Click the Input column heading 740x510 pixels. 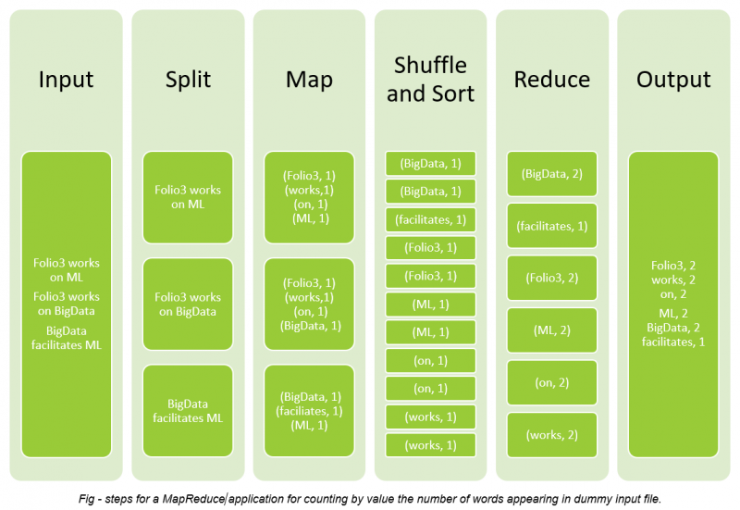pyautogui.click(x=67, y=80)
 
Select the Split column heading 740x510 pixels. pyautogui.click(x=188, y=80)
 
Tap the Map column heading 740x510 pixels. pyautogui.click(x=309, y=80)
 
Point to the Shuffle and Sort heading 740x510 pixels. pyautogui.click(x=430, y=80)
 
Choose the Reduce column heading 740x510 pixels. pyautogui.click(x=551, y=80)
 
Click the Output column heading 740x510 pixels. pyautogui.click(x=673, y=80)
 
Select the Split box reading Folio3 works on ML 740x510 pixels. pyautogui.click(x=188, y=197)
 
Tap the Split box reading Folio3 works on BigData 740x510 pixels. pyautogui.click(x=188, y=305)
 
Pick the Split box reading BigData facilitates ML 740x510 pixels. pyautogui.click(x=188, y=411)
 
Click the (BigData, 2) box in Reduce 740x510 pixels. pyautogui.click(x=551, y=173)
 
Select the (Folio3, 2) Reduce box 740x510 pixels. pyautogui.click(x=551, y=278)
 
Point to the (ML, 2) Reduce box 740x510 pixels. pyautogui.click(x=551, y=330)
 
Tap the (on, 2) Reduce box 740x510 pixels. pyautogui.click(x=551, y=382)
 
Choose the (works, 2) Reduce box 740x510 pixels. pyautogui.click(x=551, y=435)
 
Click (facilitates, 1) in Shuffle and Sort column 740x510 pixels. pyautogui.click(x=430, y=219)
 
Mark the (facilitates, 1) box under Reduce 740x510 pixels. pyautogui.click(x=551, y=225)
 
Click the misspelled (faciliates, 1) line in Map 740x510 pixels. pyautogui.click(x=309, y=411)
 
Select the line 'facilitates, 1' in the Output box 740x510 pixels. pyautogui.click(x=672, y=342)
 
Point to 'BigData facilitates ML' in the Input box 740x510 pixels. pyautogui.click(x=67, y=338)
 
